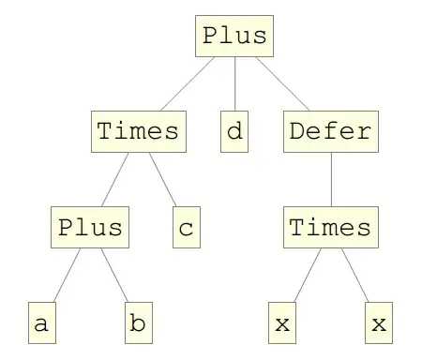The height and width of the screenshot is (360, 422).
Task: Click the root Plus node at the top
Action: click(234, 37)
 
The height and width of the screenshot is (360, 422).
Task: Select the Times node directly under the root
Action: click(138, 131)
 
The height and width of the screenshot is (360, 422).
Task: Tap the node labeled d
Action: click(234, 131)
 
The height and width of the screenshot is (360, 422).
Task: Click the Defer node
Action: click(329, 131)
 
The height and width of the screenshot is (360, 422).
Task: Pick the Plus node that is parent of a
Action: click(90, 228)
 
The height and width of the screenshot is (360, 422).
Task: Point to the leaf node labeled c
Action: click(186, 228)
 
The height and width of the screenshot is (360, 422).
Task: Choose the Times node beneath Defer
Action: click(329, 228)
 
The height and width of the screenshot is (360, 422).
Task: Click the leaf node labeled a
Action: click(41, 324)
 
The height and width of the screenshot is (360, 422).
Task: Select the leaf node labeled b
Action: click(138, 324)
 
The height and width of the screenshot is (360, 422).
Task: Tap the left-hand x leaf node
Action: click(281, 324)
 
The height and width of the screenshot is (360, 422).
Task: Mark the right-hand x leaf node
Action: click(378, 324)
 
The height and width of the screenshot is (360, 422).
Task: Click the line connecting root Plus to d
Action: click(234, 84)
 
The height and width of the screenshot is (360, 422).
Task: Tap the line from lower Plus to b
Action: click(113, 277)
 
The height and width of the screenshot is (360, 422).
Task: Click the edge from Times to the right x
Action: click(354, 277)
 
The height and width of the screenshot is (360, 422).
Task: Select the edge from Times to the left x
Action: click(306, 277)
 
